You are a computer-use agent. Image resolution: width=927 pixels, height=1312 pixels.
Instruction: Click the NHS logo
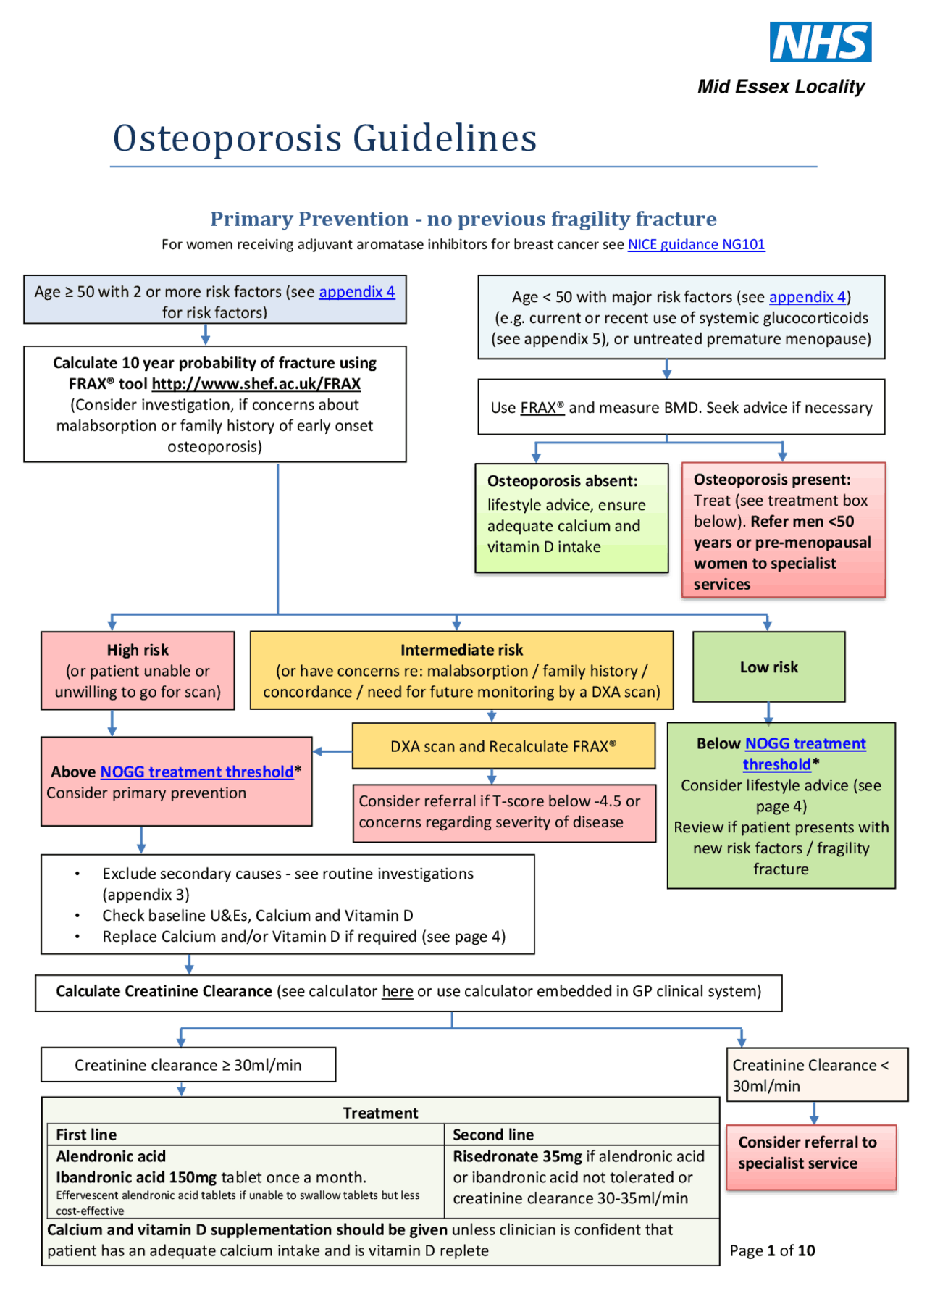(820, 42)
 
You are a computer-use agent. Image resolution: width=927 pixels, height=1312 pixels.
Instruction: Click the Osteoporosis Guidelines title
(324, 138)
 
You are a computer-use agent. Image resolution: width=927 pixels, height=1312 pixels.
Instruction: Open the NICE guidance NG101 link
(695, 245)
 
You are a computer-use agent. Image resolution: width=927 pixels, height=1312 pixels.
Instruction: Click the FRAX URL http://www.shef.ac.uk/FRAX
(256, 384)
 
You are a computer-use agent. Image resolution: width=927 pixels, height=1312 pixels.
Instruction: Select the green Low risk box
(768, 667)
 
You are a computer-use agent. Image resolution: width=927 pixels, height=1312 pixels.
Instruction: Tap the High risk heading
(138, 650)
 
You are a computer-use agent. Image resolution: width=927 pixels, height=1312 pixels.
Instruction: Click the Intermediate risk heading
(461, 650)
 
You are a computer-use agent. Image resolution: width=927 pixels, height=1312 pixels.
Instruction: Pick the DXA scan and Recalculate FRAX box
(503, 746)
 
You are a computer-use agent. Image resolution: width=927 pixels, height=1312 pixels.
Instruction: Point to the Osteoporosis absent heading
(562, 481)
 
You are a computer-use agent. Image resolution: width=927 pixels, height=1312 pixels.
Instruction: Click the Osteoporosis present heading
(772, 480)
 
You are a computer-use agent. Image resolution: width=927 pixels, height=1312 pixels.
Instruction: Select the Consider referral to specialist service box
(810, 1153)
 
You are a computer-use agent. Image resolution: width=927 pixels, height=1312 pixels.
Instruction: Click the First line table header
(86, 1135)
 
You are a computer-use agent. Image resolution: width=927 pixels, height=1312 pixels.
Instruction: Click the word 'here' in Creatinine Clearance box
(398, 992)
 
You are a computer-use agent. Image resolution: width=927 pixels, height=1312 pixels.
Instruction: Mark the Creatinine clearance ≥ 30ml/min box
(188, 1065)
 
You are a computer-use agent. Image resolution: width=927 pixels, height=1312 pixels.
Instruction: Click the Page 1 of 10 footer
(772, 1250)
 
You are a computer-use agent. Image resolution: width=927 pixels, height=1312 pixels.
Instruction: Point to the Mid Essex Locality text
(781, 87)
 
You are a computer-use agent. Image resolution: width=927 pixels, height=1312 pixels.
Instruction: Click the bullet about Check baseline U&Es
(257, 916)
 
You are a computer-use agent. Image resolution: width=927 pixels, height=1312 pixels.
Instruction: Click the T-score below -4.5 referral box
(503, 812)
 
